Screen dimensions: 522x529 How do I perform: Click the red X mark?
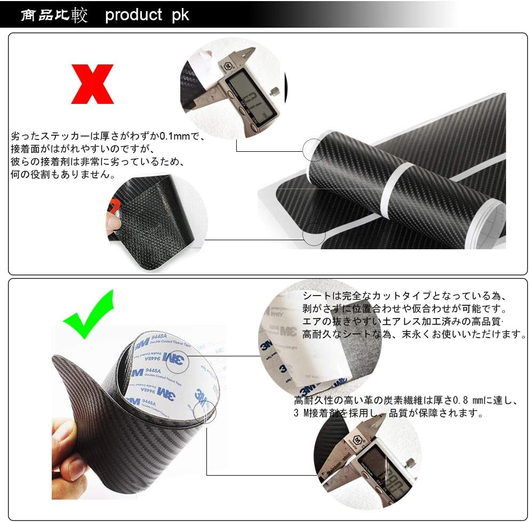(92, 84)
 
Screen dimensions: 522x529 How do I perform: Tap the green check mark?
(89, 314)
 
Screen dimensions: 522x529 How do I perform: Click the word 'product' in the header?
(133, 14)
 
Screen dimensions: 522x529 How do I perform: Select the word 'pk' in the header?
(180, 14)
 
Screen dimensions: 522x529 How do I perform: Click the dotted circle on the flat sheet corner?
(314, 236)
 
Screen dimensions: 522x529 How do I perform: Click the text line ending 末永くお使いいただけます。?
(414, 335)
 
